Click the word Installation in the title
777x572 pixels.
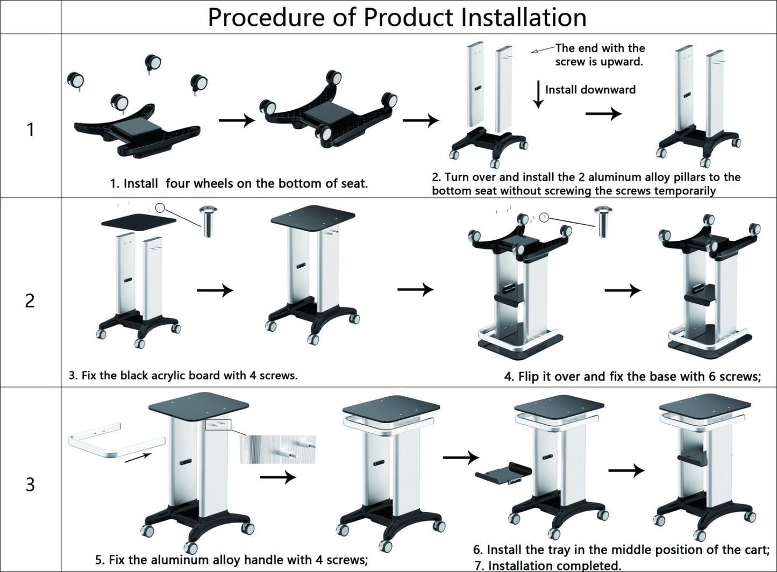pos(523,17)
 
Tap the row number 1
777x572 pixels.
pos(31,130)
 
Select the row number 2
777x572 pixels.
pos(30,301)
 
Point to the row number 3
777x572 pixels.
pos(30,484)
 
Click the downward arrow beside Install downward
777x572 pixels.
pos(538,95)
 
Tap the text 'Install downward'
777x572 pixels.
pos(590,90)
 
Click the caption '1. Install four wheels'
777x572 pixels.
pos(239,183)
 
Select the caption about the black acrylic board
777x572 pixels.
pos(183,375)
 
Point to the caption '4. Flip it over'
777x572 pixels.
pos(632,376)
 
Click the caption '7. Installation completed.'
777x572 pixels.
pos(548,566)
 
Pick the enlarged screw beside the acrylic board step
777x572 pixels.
pos(208,221)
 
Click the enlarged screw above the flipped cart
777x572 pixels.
pos(603,221)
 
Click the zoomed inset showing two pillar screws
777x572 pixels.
pos(278,449)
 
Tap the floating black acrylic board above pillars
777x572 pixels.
pos(138,221)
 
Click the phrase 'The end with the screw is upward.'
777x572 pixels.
pos(600,55)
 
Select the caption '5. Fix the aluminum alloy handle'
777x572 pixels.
pos(231,560)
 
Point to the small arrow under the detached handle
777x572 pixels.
pos(138,457)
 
